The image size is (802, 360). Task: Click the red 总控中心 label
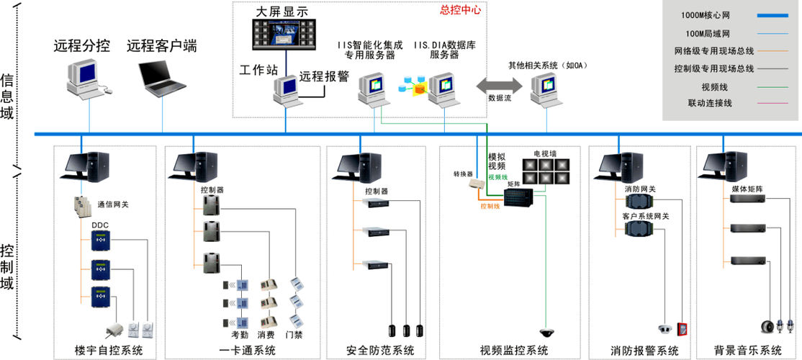click(x=461, y=11)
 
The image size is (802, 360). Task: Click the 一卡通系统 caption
click(x=247, y=351)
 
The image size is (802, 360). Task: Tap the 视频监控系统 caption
click(x=513, y=351)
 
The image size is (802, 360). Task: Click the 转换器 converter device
click(x=477, y=184)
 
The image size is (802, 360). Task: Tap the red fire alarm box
click(x=682, y=328)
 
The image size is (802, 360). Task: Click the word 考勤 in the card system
click(x=240, y=335)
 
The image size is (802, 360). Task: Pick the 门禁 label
click(x=294, y=335)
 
